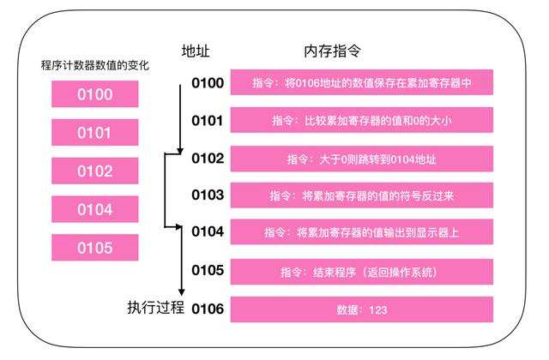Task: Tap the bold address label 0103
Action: pos(208,195)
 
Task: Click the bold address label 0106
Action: pos(208,308)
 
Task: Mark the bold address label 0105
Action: pos(208,270)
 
